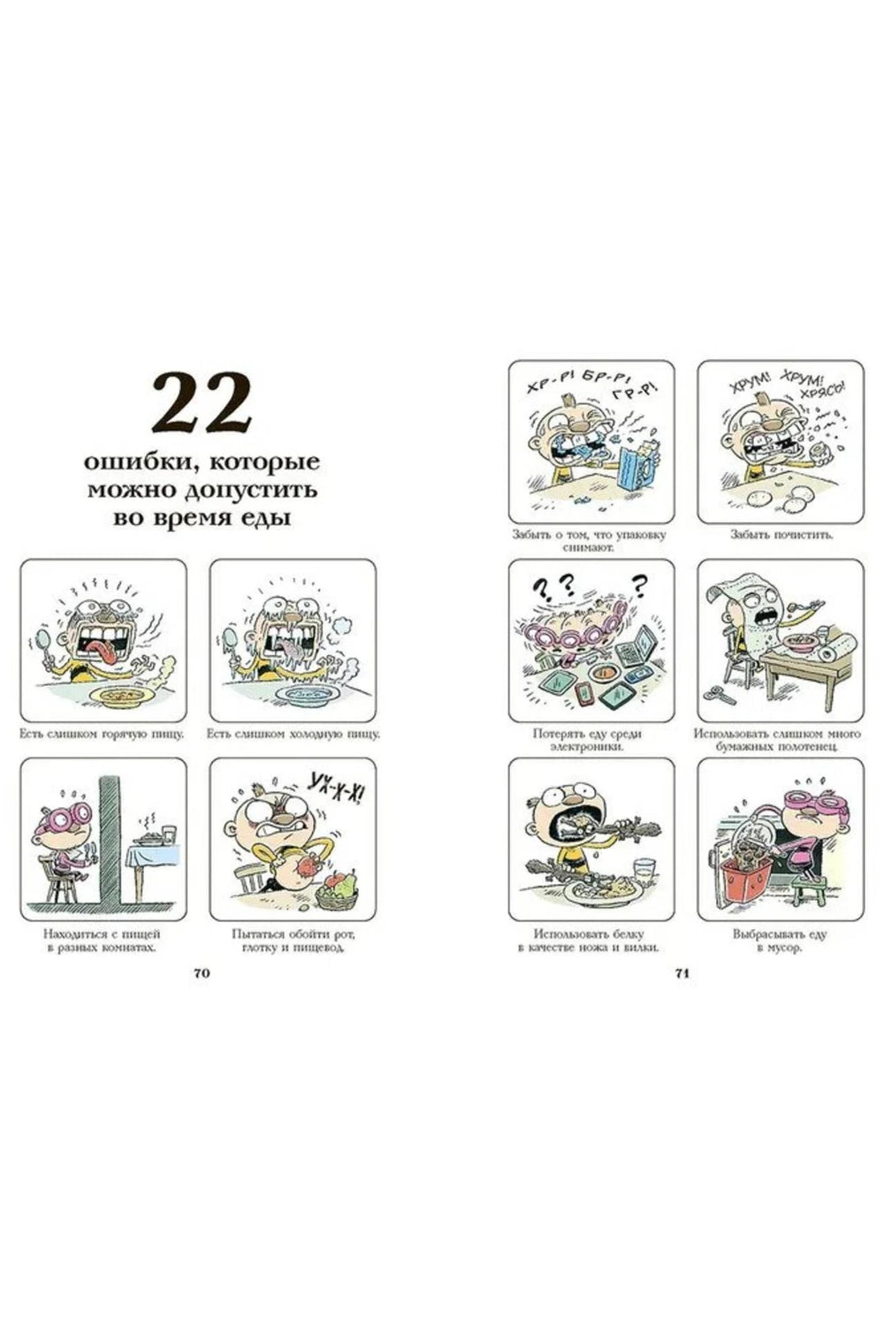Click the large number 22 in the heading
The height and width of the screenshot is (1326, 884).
[202, 403]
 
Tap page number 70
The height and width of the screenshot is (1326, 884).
[202, 974]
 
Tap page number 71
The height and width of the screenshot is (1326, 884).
[682, 974]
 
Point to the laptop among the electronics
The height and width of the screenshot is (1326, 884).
[636, 645]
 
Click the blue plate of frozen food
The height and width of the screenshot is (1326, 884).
[309, 694]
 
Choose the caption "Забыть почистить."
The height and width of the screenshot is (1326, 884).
[781, 535]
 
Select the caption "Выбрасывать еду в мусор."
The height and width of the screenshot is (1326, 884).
[779, 941]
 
